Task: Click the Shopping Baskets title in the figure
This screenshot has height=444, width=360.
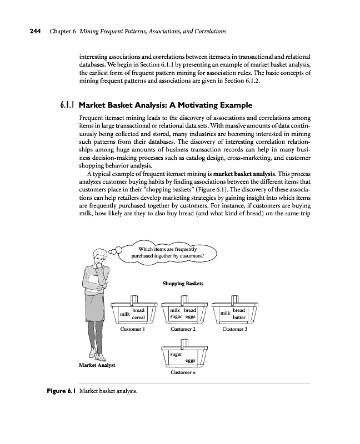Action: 183,284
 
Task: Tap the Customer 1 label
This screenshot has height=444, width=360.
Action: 132,329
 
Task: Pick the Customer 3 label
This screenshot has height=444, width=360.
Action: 234,329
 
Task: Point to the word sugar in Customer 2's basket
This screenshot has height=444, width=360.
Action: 176,317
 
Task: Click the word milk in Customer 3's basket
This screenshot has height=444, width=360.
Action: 225,314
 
